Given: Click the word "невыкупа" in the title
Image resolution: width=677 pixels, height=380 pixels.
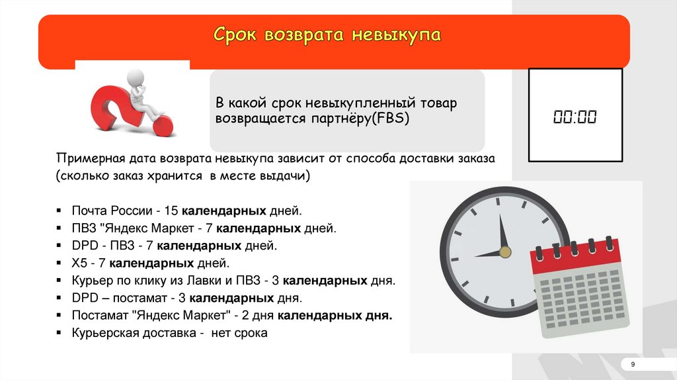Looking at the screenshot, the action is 396,35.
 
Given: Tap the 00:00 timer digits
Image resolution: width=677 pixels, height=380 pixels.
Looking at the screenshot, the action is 575,117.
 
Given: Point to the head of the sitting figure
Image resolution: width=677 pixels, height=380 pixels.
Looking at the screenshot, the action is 136,78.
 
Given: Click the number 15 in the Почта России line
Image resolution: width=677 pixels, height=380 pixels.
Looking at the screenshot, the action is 171,211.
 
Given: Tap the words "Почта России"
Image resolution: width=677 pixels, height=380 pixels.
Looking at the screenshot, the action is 112,211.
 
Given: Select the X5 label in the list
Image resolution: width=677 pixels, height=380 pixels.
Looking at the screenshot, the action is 79,263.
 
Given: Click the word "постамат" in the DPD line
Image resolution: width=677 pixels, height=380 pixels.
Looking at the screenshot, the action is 140,299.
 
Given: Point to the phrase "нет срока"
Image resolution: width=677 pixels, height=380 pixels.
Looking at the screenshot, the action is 239,333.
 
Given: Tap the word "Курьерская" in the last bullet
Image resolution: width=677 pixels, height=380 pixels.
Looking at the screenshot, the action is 105,333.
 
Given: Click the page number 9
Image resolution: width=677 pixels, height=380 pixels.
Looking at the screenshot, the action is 633,364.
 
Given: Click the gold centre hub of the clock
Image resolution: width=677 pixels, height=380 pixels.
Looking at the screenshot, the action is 504,252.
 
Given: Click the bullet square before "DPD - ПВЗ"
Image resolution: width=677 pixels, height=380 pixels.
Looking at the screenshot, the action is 59,246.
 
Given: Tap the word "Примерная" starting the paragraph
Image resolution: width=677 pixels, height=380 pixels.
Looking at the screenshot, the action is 85,159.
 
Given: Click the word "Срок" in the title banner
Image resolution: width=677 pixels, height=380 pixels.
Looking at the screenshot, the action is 235,35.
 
